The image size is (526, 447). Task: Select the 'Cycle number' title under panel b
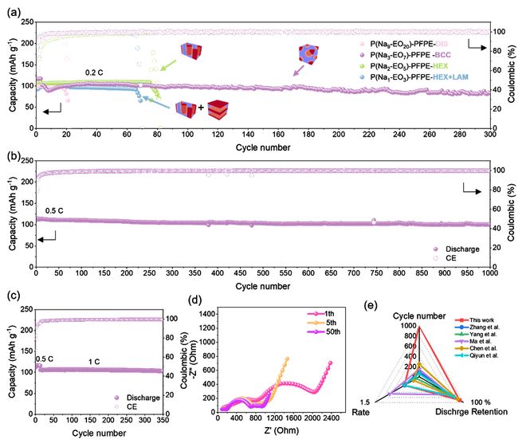[x=262, y=286]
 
